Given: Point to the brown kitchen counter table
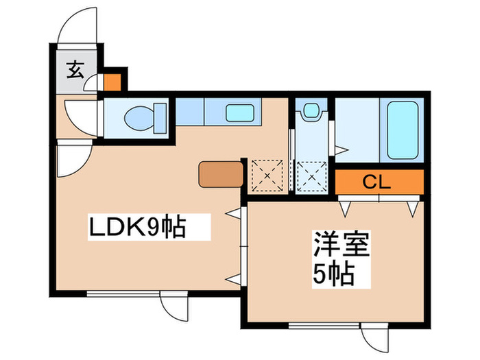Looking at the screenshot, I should point(221,174).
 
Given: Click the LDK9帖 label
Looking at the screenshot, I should point(138,226).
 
